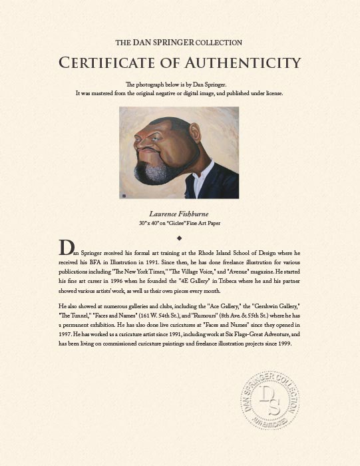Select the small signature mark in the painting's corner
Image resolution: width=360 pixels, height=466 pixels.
(123, 195)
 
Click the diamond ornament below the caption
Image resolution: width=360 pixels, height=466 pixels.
(179, 236)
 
